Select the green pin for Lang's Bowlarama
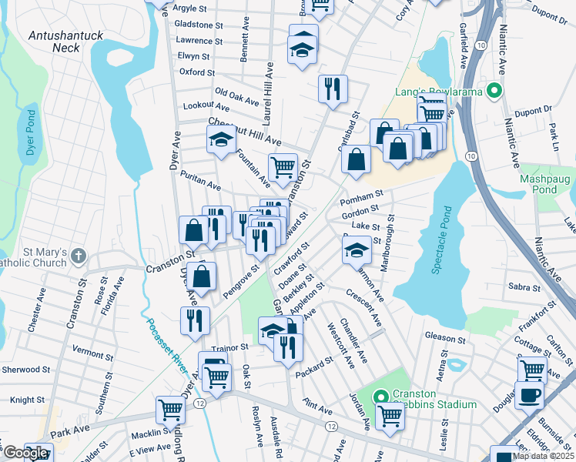(495, 92)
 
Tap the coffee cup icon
(528, 395)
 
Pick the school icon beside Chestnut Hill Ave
(220, 139)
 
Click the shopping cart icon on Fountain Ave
(283, 166)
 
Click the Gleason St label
(446, 337)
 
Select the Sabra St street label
(525, 286)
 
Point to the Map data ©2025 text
(543, 456)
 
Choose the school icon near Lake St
(356, 249)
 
